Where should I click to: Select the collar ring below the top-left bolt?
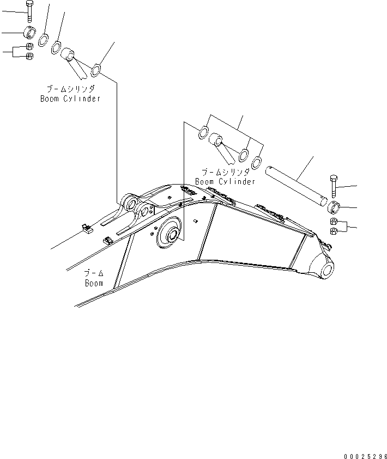[x=30, y=32]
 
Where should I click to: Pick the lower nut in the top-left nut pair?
[x=31, y=56]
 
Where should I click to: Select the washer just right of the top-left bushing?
[x=96, y=70]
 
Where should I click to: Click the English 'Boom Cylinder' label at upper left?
[x=70, y=99]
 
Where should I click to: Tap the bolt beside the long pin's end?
[x=334, y=187]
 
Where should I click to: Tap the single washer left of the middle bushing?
[x=202, y=131]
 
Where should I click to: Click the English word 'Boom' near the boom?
[x=94, y=283]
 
